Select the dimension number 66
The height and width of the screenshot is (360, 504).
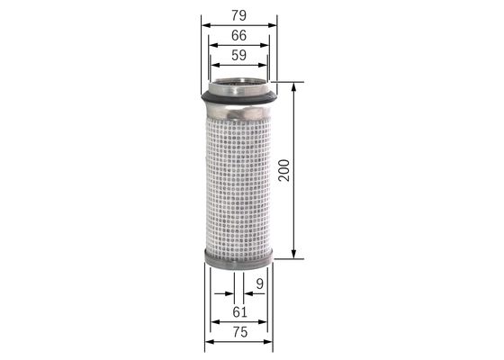pyautogui.click(x=238, y=36)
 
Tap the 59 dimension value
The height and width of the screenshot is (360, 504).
pyautogui.click(x=238, y=56)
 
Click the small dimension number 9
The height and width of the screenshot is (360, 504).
pyautogui.click(x=259, y=284)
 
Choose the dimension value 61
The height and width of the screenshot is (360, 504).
pyautogui.click(x=238, y=311)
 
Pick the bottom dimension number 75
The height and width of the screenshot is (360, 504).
pyautogui.click(x=238, y=333)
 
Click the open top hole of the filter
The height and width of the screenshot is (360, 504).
pyautogui.click(x=238, y=86)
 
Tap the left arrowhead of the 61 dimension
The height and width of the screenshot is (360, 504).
pyautogui.click(x=212, y=320)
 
